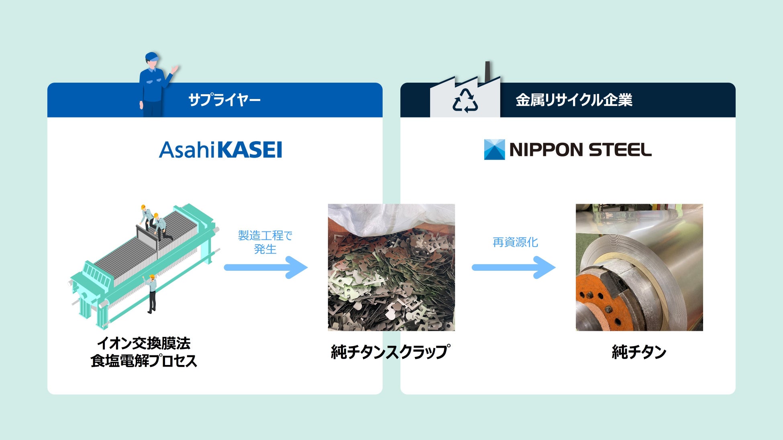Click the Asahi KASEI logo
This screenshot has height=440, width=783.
tap(220, 150)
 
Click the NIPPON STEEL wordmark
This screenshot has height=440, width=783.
tap(580, 150)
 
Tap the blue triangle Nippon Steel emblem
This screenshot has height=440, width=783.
tap(494, 150)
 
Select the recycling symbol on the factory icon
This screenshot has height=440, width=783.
tap(465, 101)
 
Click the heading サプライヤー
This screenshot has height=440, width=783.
tap(224, 100)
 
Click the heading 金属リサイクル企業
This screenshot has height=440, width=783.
tap(574, 100)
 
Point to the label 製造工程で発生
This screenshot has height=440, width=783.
tap(265, 242)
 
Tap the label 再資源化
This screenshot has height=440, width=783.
tap(515, 242)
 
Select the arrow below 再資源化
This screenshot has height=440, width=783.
tap(514, 268)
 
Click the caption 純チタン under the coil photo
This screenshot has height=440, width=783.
tap(639, 352)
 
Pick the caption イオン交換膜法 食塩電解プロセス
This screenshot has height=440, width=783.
tap(144, 352)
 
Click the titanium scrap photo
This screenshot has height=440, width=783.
tap(391, 281)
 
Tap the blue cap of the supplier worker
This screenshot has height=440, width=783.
tap(151, 56)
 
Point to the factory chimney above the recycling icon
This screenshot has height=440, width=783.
tap(488, 71)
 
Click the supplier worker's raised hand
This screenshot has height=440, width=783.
tap(175, 69)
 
